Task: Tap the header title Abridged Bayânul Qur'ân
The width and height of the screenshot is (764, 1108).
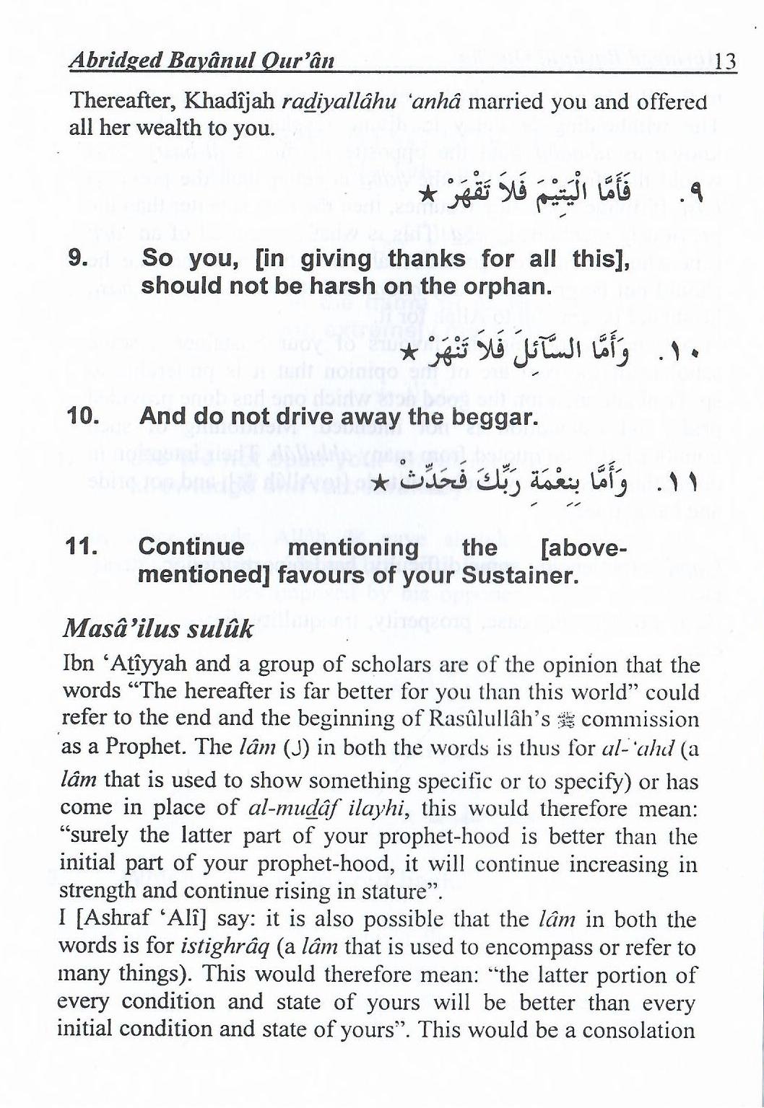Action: [x=201, y=61]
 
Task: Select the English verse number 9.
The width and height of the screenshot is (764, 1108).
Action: [x=77, y=259]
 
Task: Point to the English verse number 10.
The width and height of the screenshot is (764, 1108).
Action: [x=82, y=416]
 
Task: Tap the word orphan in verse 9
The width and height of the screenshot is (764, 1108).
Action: [x=510, y=286]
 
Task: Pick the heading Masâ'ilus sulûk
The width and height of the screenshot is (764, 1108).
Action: [x=158, y=628]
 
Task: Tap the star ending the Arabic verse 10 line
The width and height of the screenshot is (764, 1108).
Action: [x=408, y=353]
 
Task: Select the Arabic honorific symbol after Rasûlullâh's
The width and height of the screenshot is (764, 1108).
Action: [x=568, y=720]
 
